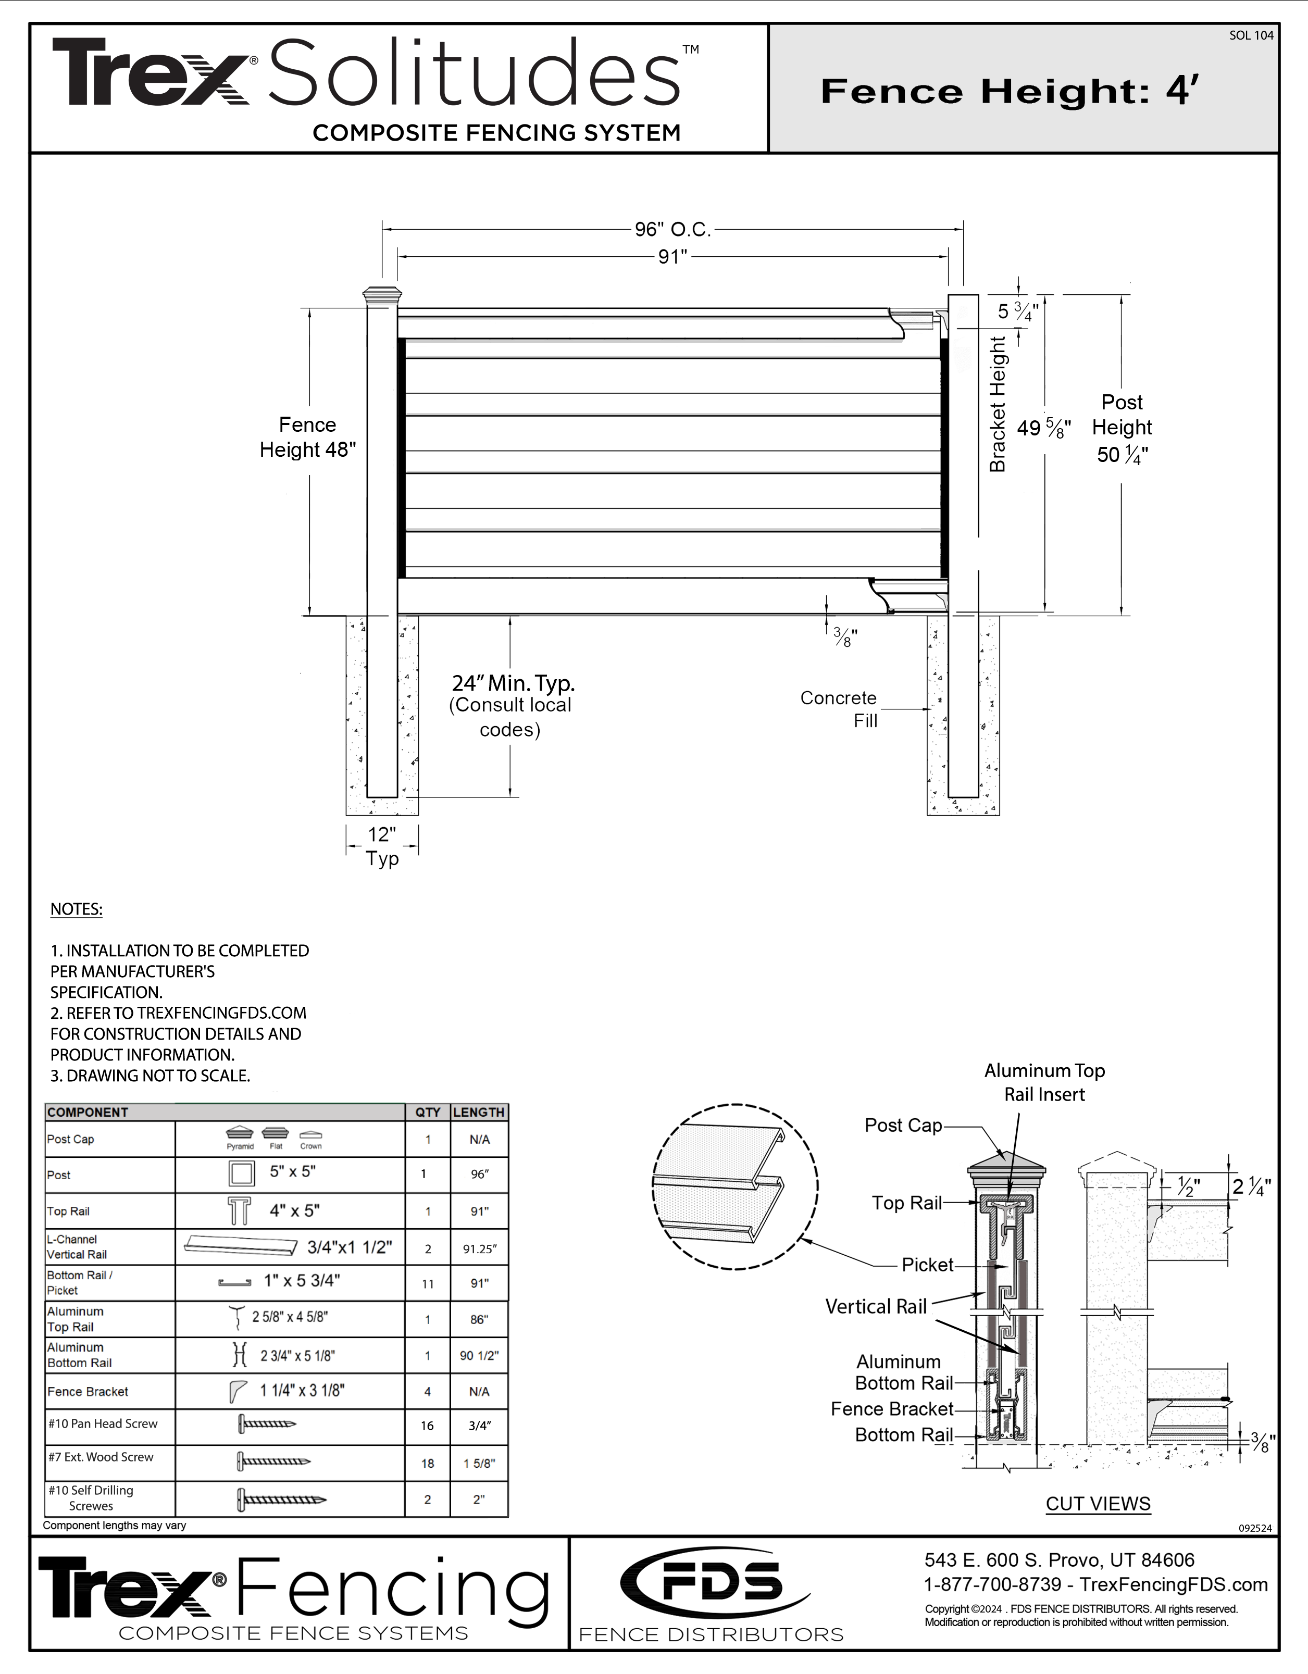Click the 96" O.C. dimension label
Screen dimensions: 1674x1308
(672, 229)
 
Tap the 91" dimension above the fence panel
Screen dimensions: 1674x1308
(672, 257)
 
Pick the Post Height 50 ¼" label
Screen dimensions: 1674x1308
(1122, 429)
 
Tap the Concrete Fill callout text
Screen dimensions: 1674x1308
(840, 709)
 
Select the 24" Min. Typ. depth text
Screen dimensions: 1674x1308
(513, 683)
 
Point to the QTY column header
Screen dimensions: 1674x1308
(428, 1112)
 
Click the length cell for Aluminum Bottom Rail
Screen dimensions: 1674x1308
(479, 1355)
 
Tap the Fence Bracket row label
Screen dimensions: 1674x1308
(88, 1391)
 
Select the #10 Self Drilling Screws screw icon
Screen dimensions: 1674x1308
(281, 1499)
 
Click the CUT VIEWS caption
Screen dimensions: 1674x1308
(1098, 1504)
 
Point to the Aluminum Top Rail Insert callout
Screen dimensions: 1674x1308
(1044, 1082)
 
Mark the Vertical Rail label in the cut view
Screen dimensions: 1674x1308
(876, 1306)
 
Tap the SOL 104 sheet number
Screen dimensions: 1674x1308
(1251, 35)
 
